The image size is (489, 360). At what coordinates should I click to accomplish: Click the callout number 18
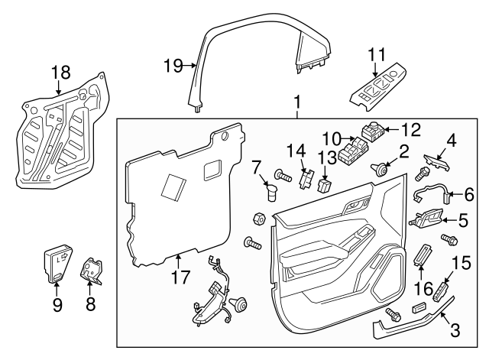[60, 73]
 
